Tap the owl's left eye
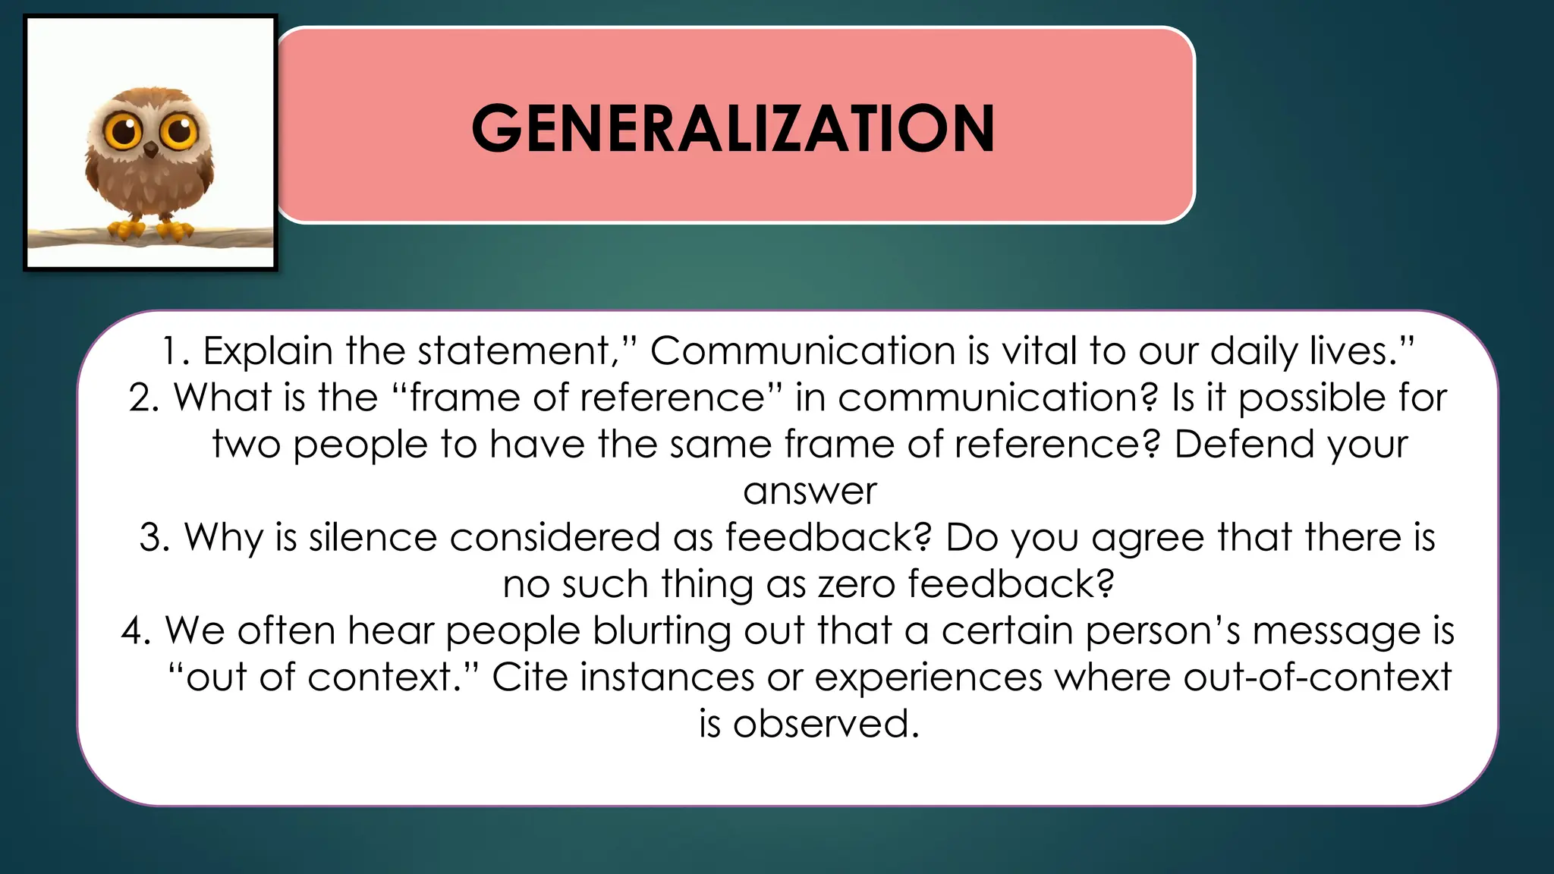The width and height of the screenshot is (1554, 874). click(123, 131)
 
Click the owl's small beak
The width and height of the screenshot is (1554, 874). click(151, 149)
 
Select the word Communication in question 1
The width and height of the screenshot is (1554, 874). click(802, 351)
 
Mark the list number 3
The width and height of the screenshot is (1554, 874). click(154, 537)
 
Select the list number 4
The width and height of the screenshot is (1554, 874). click(136, 631)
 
